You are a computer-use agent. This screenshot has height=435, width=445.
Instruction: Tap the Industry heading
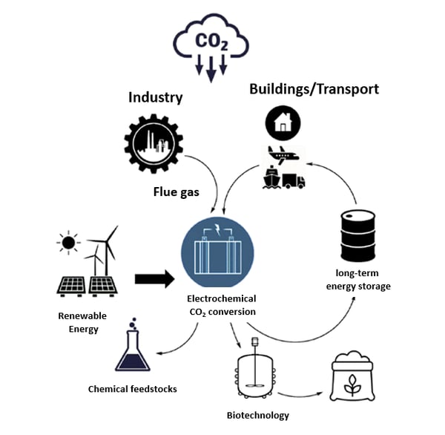pyautogui.click(x=155, y=97)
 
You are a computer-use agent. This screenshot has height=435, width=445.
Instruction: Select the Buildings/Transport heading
pyautogui.click(x=314, y=89)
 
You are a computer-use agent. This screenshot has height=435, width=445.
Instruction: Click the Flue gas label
pyautogui.click(x=176, y=192)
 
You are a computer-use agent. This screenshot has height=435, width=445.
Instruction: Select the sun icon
pyautogui.click(x=68, y=242)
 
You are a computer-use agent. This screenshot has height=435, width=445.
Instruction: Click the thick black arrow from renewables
pyautogui.click(x=154, y=279)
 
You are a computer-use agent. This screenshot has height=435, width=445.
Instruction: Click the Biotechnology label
pyautogui.click(x=257, y=416)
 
